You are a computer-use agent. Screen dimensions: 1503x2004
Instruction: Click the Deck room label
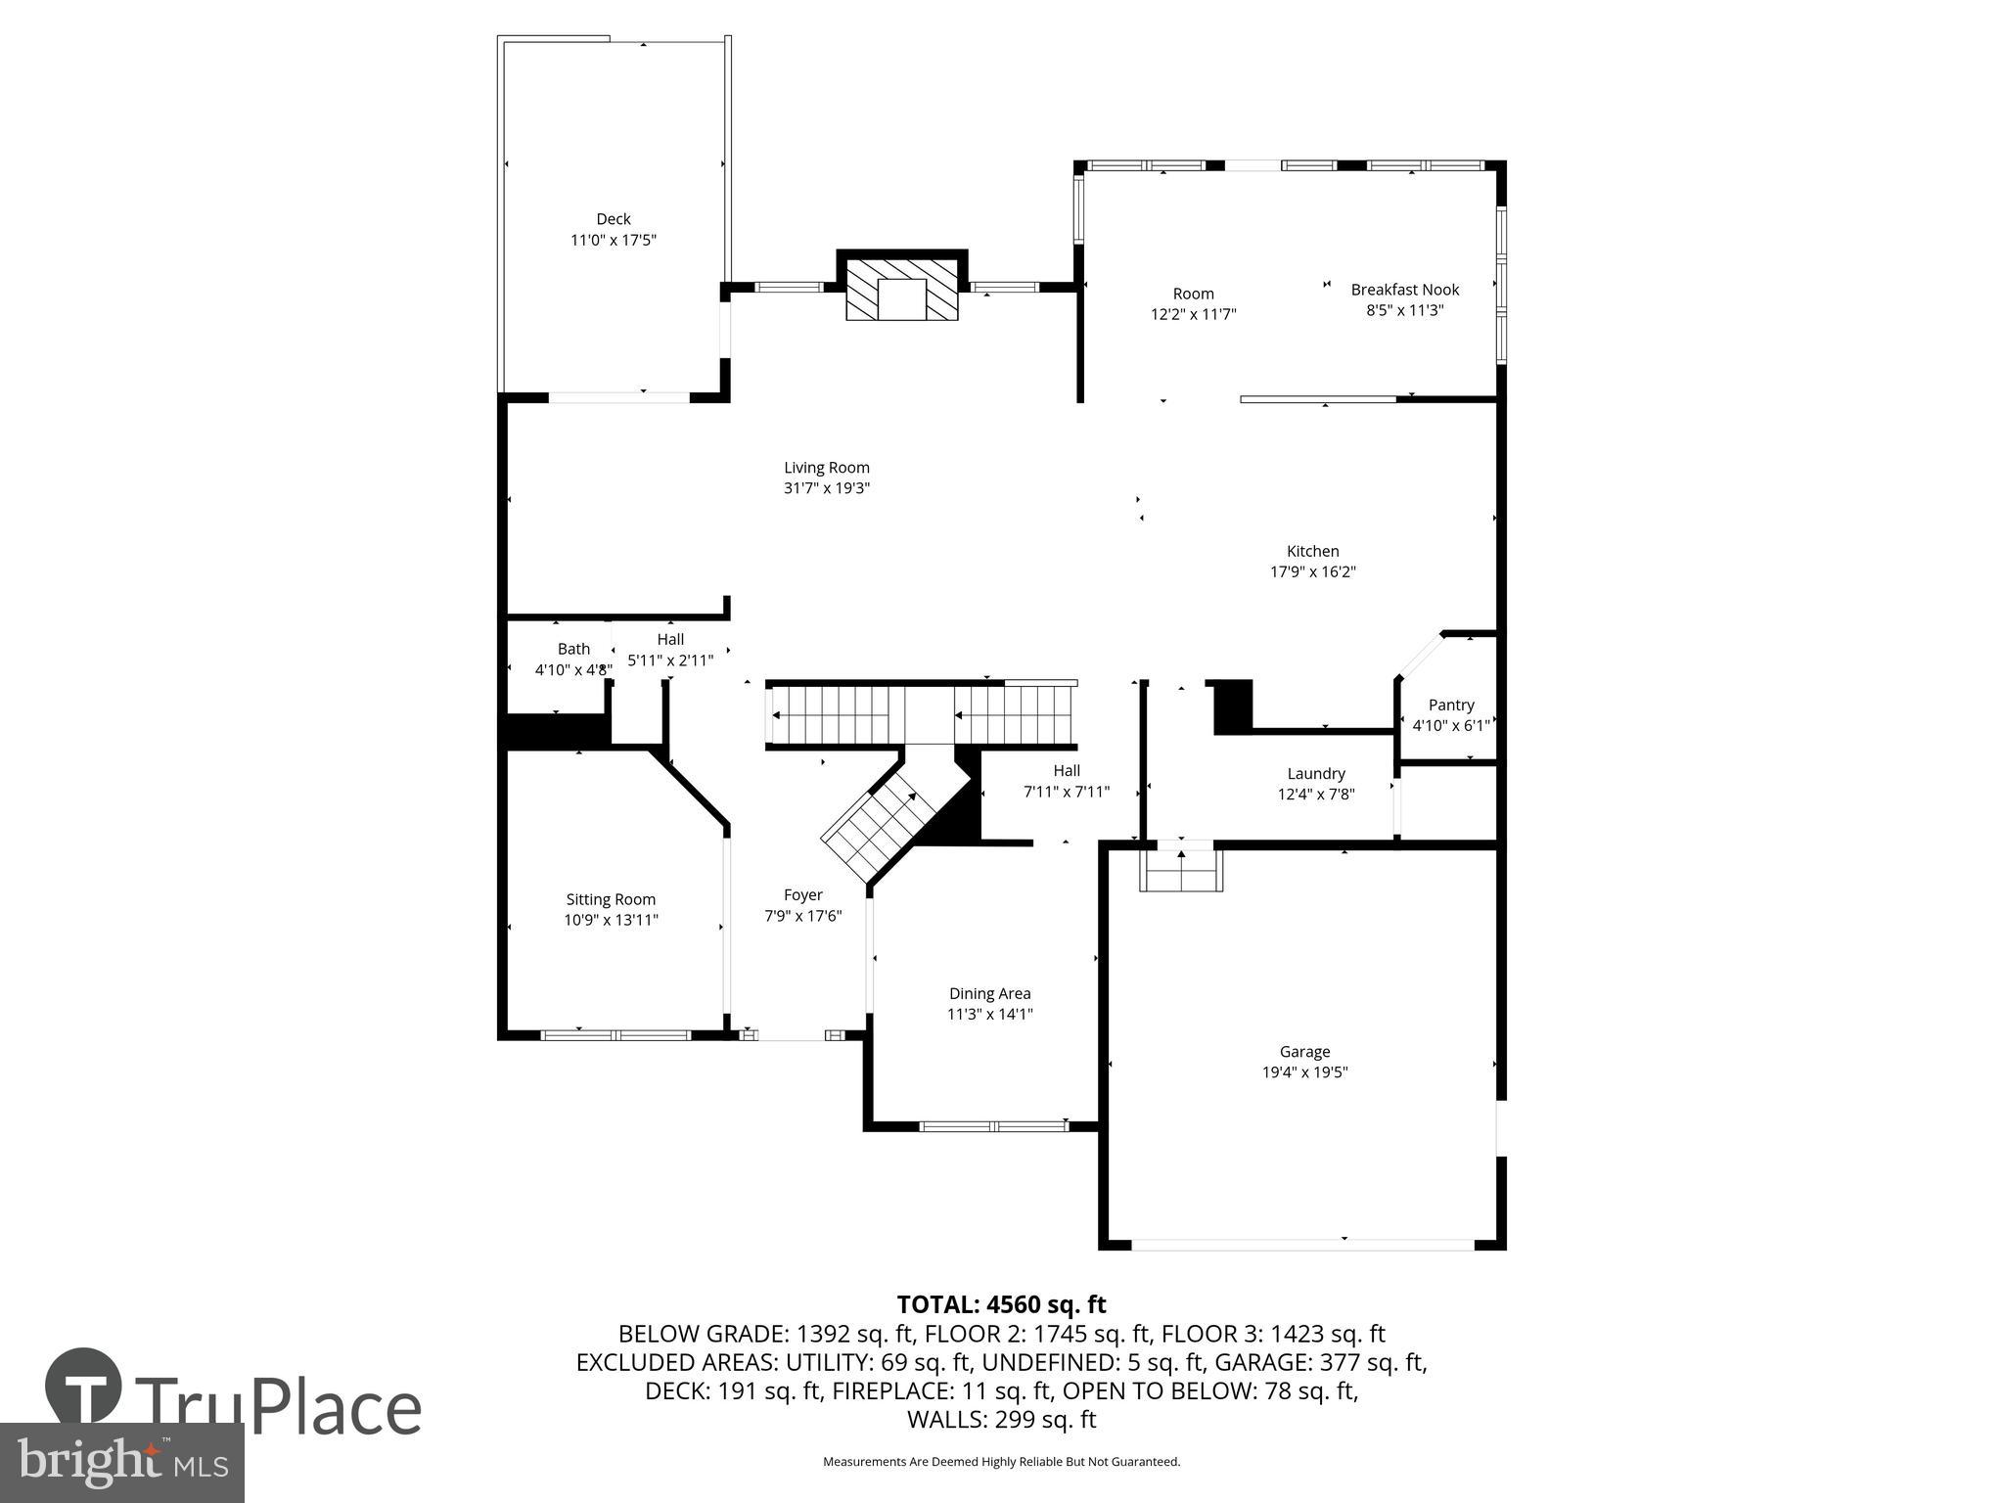[614, 219]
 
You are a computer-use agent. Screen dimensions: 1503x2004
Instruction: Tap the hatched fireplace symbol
[901, 290]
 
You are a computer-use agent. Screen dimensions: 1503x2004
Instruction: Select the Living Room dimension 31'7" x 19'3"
[826, 488]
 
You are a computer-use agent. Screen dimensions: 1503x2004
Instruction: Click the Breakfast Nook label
[1404, 290]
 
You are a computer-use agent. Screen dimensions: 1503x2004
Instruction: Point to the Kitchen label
[1312, 552]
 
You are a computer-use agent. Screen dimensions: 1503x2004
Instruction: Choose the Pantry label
[1450, 705]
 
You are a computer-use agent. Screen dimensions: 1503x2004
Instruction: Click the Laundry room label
[1316, 774]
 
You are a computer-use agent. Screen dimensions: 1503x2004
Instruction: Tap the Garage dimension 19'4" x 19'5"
[1304, 1072]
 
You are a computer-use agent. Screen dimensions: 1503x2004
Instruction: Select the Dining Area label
[989, 994]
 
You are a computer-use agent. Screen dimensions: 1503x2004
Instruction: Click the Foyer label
[802, 895]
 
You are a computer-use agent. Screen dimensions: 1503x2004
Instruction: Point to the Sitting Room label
[611, 900]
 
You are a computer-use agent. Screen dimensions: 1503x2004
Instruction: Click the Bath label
[573, 650]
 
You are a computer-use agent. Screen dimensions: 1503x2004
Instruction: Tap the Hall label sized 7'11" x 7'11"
[1066, 771]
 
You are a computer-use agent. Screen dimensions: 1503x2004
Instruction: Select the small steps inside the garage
[1181, 871]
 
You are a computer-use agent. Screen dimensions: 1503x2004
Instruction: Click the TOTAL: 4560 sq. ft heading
[1001, 1304]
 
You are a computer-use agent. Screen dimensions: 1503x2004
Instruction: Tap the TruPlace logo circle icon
[83, 1387]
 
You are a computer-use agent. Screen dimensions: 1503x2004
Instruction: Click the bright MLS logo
[122, 1462]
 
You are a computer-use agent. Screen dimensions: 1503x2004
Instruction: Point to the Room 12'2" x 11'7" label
[1193, 294]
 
